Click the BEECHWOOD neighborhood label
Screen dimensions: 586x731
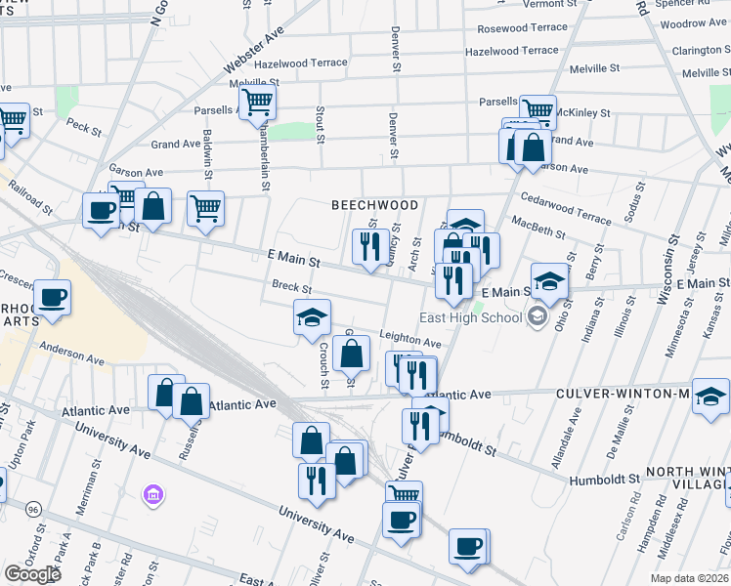[374, 205]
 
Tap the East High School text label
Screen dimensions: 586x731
[470, 317]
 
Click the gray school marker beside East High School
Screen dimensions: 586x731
[537, 315]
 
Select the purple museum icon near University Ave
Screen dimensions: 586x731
[151, 496]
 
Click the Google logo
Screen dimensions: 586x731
[31, 574]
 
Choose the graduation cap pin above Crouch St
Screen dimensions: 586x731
[312, 316]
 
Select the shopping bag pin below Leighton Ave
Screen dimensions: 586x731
[352, 353]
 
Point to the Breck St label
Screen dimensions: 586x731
[291, 288]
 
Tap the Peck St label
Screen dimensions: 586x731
[84, 126]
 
